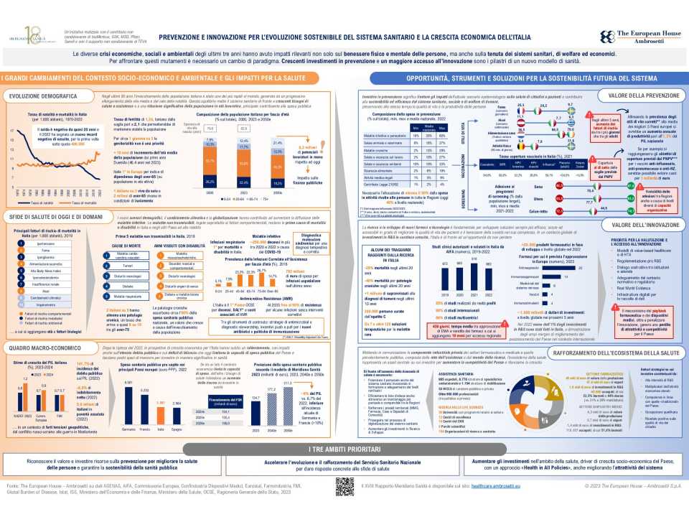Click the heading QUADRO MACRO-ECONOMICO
(34, 348)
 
